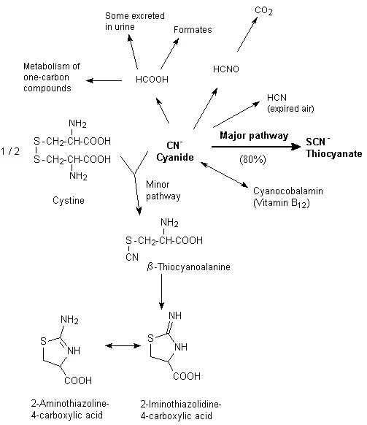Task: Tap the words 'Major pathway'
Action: click(x=252, y=136)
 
